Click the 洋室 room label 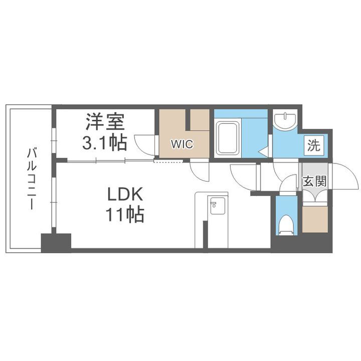[x=104, y=122]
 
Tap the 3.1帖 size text [x=104, y=143]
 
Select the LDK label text [x=125, y=195]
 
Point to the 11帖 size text [x=125, y=215]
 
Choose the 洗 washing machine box [x=313, y=146]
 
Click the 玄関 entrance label [x=315, y=181]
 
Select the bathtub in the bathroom [x=229, y=137]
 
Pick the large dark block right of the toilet [x=301, y=244]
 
